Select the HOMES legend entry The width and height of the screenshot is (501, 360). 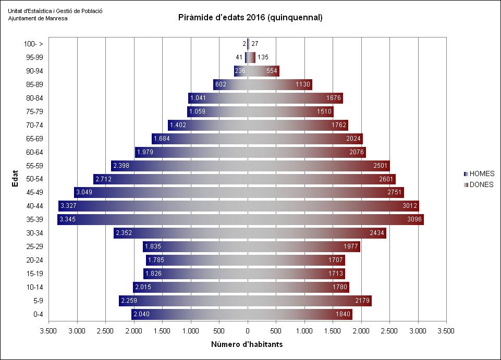coord(481,174)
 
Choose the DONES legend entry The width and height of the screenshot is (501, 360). coord(481,184)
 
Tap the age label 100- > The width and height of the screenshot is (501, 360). coord(33,44)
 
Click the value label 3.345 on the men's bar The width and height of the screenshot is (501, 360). coord(68,220)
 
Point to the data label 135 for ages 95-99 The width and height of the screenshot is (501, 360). coord(263,57)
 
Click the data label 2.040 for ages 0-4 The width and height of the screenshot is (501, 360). coord(142,314)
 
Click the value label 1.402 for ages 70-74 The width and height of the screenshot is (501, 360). coord(177,125)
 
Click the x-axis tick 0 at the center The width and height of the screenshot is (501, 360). coord(248,330)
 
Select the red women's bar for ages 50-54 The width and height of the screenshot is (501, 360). coord(334,179)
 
